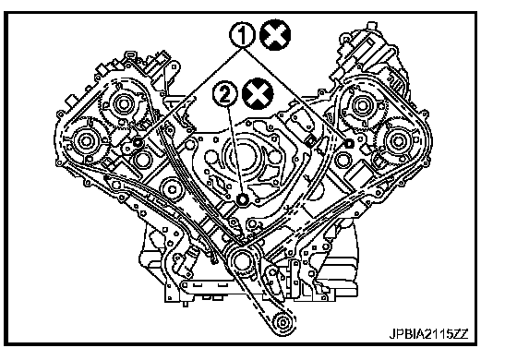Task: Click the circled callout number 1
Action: pyautogui.click(x=242, y=35)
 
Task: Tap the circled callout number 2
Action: pyautogui.click(x=225, y=94)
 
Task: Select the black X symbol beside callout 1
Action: pyautogui.click(x=275, y=35)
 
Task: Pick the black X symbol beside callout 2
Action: pyautogui.click(x=258, y=94)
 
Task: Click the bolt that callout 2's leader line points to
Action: pyautogui.click(x=243, y=199)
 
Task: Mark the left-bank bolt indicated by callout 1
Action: pyautogui.click(x=138, y=143)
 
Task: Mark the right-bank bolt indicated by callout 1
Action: pyautogui.click(x=349, y=143)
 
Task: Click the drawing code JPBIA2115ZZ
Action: pyautogui.click(x=429, y=334)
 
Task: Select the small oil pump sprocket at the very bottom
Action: pyautogui.click(x=283, y=323)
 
